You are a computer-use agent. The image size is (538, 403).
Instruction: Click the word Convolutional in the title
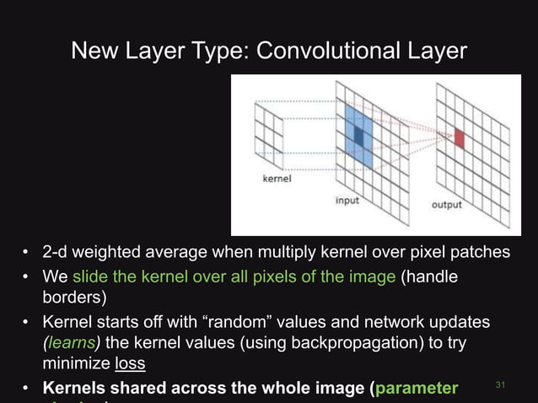326,51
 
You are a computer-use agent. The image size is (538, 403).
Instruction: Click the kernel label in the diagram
277,179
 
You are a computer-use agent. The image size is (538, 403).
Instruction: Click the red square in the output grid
460,138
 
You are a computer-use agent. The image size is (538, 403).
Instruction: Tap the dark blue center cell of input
358,135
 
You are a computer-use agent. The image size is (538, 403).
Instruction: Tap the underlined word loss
130,365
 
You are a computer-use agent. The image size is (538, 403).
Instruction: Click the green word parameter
417,389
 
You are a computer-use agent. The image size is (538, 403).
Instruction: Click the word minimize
76,365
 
